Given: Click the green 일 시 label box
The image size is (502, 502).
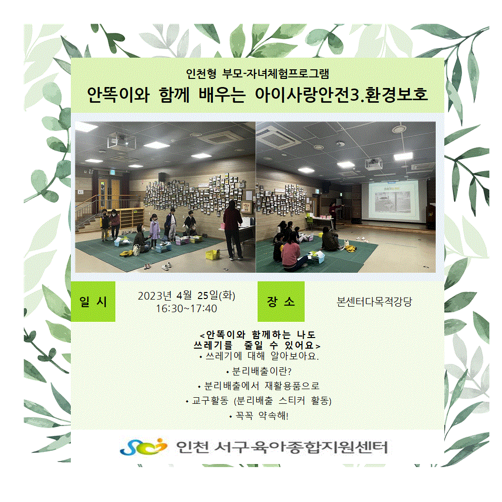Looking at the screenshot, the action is (x=93, y=301).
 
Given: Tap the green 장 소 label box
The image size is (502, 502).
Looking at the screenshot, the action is (x=281, y=301).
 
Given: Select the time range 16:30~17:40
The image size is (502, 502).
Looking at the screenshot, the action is (x=186, y=309).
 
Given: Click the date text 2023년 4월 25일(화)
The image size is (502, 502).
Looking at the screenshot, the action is (x=186, y=296).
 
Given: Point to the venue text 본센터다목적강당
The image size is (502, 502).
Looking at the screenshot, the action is (x=374, y=302).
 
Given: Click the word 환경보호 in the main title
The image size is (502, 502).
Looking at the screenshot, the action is (x=396, y=95).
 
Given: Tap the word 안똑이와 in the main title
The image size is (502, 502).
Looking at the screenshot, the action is (x=118, y=95).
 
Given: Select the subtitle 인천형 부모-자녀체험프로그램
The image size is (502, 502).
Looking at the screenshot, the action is (x=258, y=74).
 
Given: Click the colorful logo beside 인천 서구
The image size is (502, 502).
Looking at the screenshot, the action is (x=144, y=447).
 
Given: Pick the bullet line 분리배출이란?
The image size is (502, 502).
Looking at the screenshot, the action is (x=259, y=371).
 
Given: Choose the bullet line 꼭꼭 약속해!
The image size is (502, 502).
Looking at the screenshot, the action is (x=259, y=416).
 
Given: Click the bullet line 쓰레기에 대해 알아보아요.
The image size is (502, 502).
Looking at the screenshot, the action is (x=259, y=356).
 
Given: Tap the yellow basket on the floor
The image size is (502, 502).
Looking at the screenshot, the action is (x=213, y=255).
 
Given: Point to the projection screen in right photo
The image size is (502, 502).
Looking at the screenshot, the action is (x=394, y=201).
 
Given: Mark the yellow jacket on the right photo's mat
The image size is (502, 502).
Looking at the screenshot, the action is (x=351, y=248).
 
